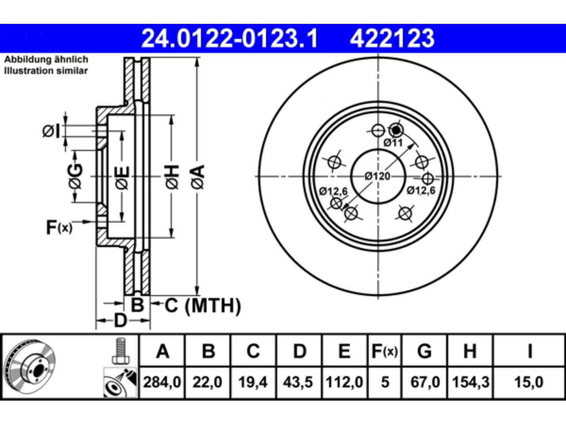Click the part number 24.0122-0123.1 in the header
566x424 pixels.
point(229,38)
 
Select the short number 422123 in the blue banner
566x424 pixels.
point(392,38)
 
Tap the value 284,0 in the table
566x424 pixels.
point(162,382)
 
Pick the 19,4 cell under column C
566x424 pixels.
point(252,382)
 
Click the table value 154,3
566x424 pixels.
point(470,382)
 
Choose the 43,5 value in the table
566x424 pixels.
point(298,382)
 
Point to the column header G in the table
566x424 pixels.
point(424,351)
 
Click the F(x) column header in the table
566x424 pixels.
point(385,351)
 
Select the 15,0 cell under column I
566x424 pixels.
point(529,382)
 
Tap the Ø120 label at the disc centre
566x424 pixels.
point(377,176)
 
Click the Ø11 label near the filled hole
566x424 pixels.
point(393,142)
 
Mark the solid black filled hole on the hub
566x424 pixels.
point(396,130)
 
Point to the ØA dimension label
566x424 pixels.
point(198,177)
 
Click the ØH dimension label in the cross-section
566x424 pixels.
point(172,177)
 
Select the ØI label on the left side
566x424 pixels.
point(51,131)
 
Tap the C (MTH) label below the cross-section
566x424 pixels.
point(203,306)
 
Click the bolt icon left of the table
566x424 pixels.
point(121,351)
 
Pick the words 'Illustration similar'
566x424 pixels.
point(46,71)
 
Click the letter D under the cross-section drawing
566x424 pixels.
point(120,321)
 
